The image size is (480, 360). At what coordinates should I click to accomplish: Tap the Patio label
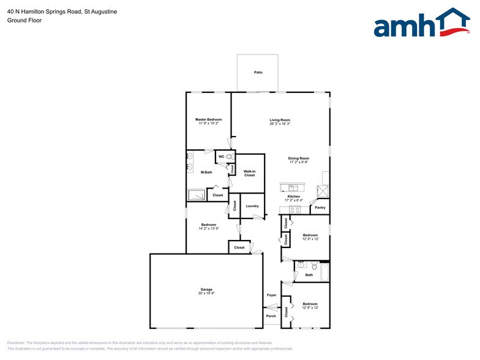(258, 73)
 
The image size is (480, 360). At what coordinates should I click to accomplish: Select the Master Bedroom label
(208, 119)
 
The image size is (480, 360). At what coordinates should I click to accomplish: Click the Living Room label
(280, 120)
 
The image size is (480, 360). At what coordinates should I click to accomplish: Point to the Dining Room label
(299, 159)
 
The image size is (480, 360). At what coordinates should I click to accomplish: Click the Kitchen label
(293, 197)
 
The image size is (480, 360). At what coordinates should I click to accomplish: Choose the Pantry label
(320, 208)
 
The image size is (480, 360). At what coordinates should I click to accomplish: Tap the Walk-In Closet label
(249, 173)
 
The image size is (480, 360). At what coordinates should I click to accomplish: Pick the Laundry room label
(252, 206)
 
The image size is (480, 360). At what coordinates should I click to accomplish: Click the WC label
(222, 157)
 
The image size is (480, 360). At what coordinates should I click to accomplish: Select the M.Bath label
(206, 173)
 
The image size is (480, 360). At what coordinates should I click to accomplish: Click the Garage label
(206, 290)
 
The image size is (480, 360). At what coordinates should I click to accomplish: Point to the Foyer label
(271, 295)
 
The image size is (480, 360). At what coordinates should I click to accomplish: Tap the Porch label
(271, 316)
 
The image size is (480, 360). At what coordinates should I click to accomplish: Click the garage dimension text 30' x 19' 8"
(206, 294)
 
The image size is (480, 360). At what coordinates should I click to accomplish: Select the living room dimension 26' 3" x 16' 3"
(280, 124)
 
